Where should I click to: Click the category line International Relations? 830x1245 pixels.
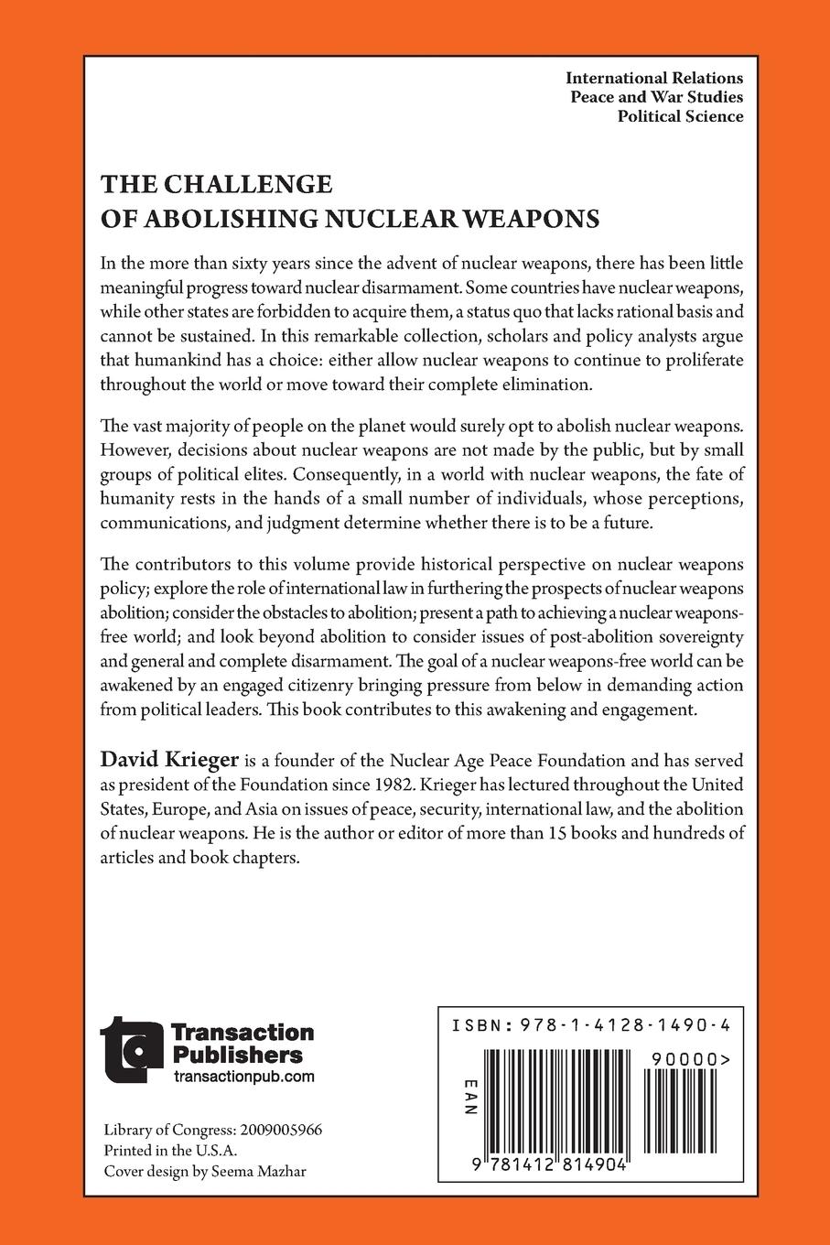click(654, 78)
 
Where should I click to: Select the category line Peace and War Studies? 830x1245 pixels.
click(656, 97)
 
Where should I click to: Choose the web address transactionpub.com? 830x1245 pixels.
click(243, 1077)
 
